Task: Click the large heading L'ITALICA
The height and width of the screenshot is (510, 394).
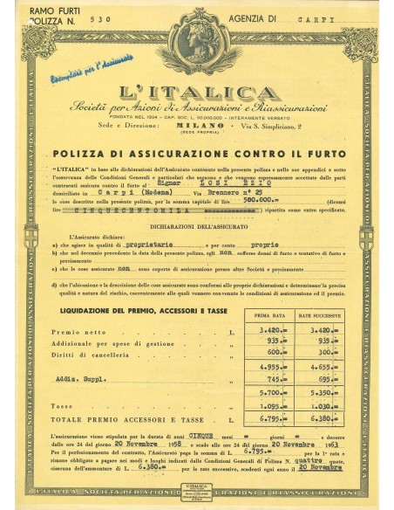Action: (196, 92)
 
